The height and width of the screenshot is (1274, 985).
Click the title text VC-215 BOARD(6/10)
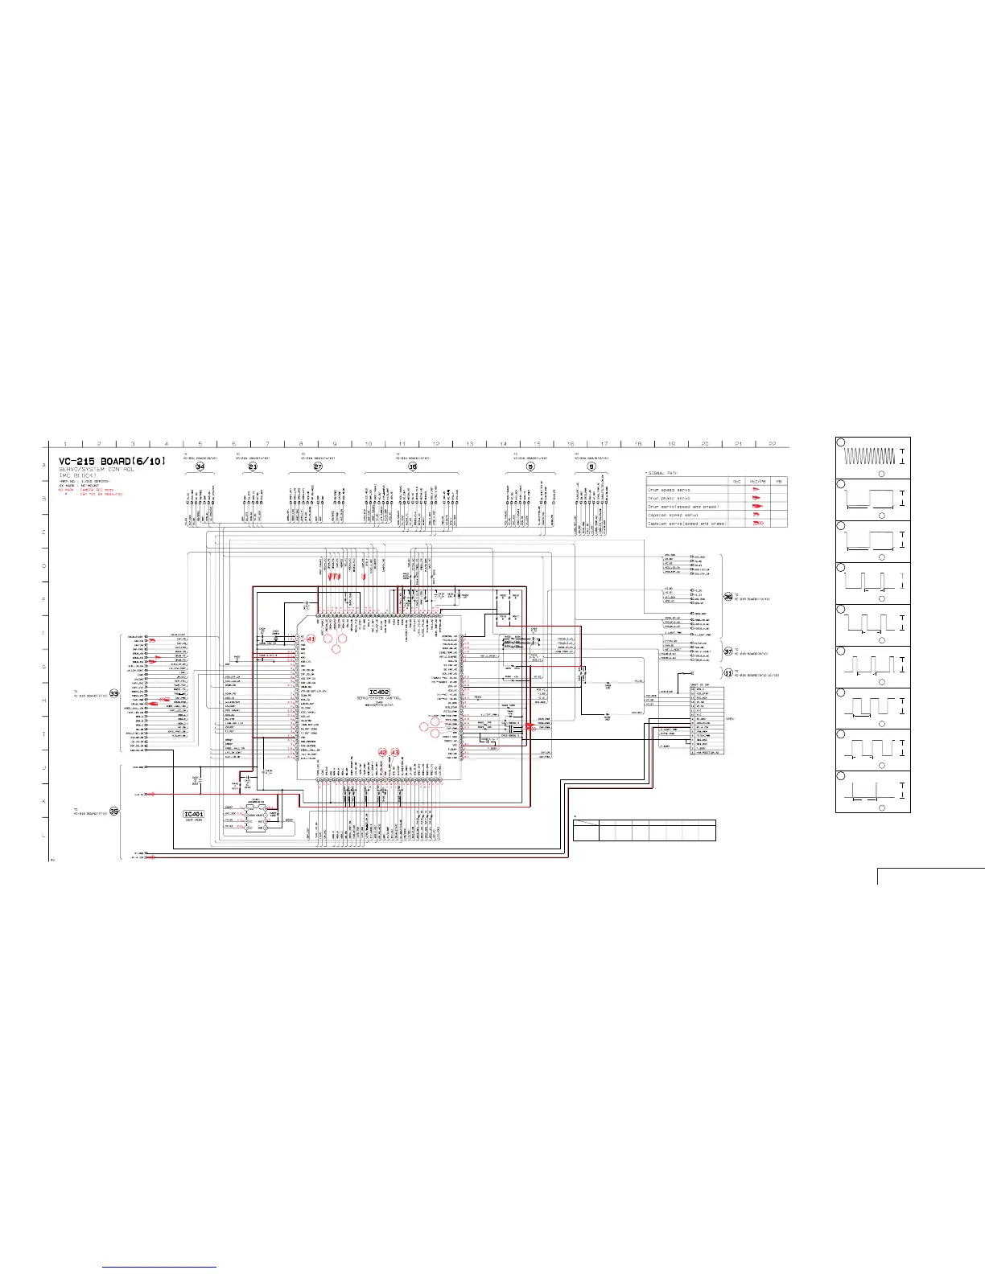tap(113, 462)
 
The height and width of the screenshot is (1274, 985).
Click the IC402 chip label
tap(380, 692)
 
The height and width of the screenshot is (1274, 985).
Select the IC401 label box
tap(194, 815)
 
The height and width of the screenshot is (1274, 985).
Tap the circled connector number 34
tap(200, 466)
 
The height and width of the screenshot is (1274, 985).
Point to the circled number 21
tap(253, 466)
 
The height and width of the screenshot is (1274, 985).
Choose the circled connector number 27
tap(318, 466)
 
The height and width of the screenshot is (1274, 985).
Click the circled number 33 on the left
tap(114, 693)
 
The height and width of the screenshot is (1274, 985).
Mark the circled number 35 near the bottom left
tap(114, 811)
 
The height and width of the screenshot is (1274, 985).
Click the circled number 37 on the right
tap(727, 651)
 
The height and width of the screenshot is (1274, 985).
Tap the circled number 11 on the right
tap(727, 673)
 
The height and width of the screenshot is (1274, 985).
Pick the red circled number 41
tap(311, 638)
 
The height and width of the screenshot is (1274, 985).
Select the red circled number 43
tap(395, 753)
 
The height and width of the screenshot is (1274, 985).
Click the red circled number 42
tap(383, 753)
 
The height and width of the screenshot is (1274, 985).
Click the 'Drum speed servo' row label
tap(670, 489)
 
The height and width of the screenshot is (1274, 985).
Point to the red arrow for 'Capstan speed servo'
tap(756, 515)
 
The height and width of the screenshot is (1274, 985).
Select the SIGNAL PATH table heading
tap(666, 472)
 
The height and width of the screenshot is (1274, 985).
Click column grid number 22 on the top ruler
tap(773, 444)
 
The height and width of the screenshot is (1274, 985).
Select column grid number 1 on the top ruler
tap(65, 444)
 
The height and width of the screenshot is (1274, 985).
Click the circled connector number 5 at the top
tap(530, 466)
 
